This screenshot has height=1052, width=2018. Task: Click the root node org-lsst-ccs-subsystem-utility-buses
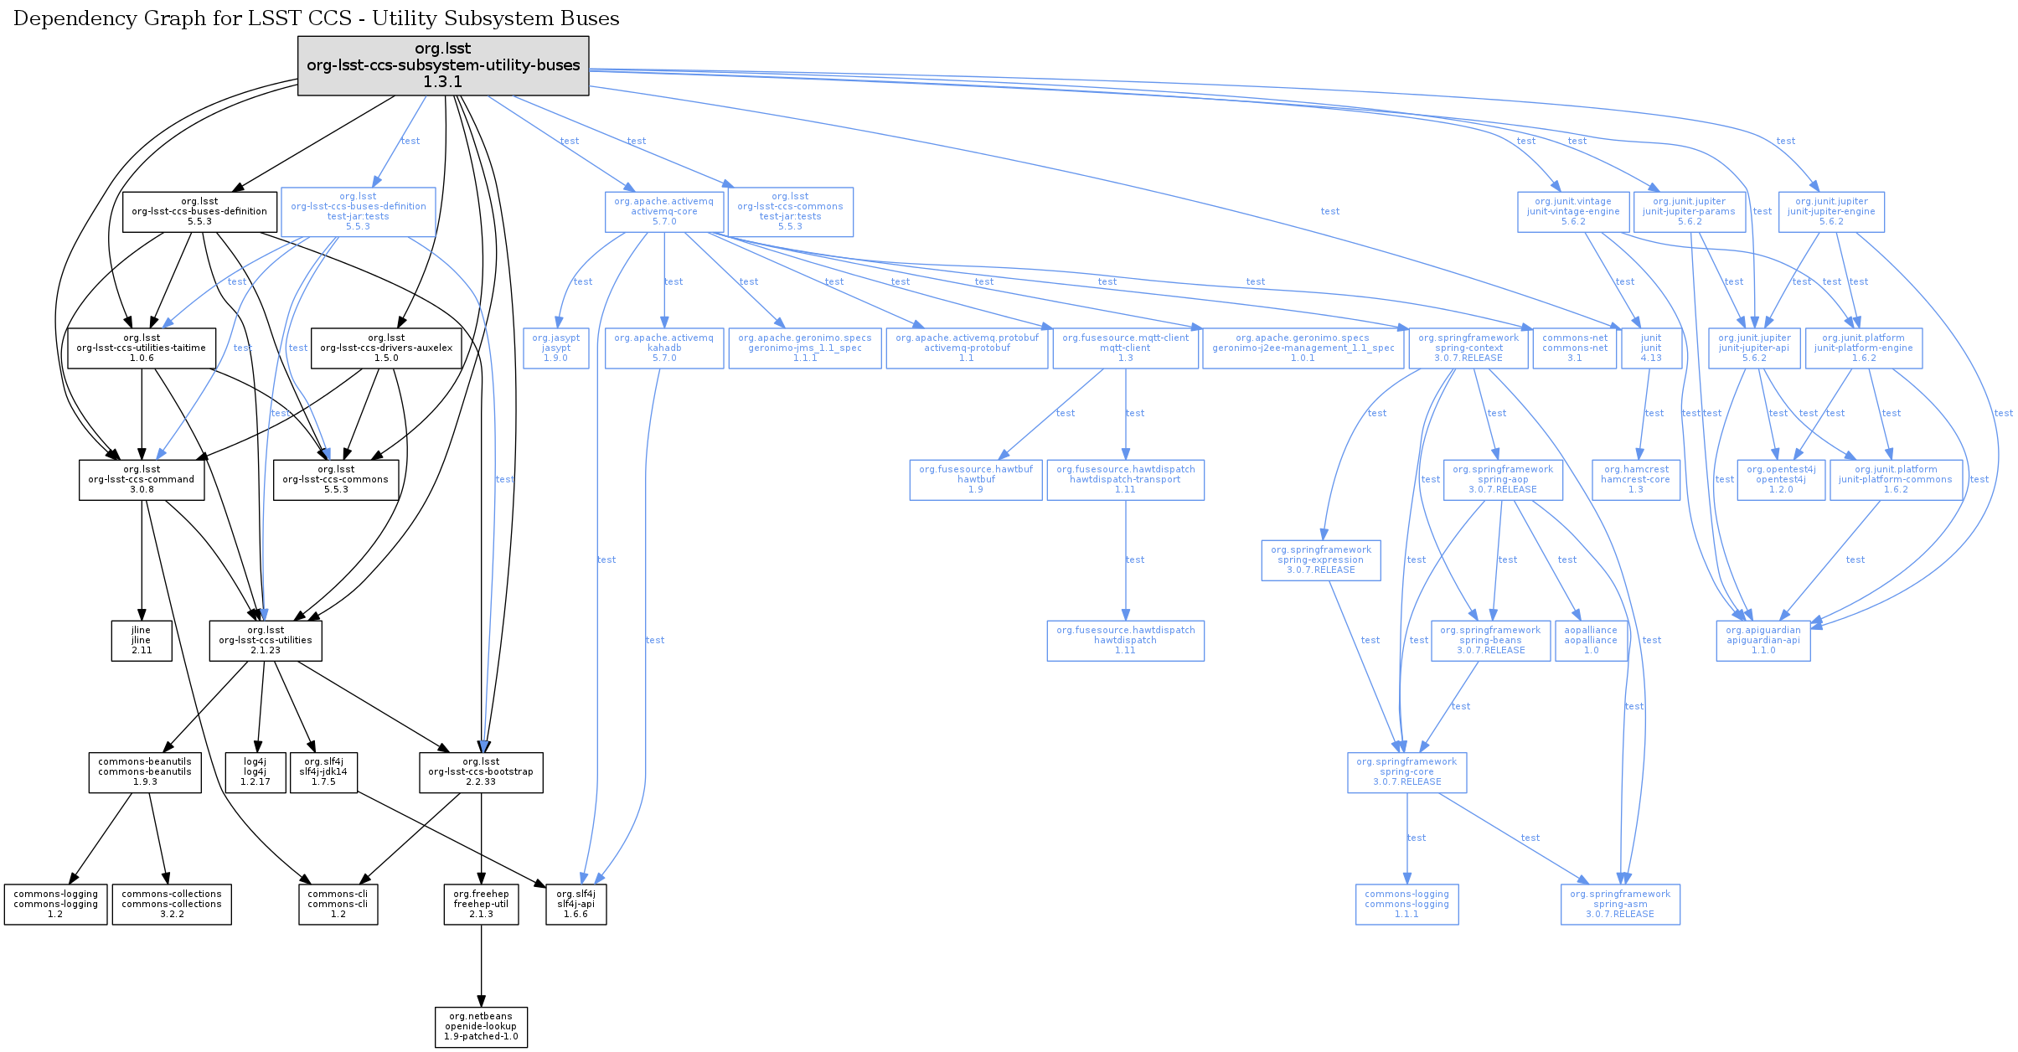443,65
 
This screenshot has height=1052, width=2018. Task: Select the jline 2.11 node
142,641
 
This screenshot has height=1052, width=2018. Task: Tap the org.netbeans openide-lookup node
481,1027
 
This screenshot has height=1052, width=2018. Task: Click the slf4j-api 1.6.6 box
575,905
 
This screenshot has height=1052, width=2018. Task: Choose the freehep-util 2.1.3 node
481,905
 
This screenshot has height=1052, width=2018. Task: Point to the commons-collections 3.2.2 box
172,905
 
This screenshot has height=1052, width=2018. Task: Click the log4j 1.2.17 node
255,772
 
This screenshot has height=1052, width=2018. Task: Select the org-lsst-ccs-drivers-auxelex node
386,348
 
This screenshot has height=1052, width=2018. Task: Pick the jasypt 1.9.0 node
556,348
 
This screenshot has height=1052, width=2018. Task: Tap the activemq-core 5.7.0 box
664,212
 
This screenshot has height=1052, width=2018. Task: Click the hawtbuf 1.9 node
976,480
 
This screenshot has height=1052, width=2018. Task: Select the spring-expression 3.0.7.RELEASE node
1321,560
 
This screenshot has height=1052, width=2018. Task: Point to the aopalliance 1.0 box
1591,641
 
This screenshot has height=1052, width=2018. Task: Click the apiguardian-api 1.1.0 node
1763,641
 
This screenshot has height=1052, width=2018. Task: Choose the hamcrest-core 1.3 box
1636,480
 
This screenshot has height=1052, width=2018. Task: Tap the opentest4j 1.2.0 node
1781,480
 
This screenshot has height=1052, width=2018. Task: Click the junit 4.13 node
1651,348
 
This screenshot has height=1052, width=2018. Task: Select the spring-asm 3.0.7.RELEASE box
1620,905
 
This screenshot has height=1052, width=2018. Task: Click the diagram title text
317,18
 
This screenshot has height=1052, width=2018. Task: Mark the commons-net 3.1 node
1575,348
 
